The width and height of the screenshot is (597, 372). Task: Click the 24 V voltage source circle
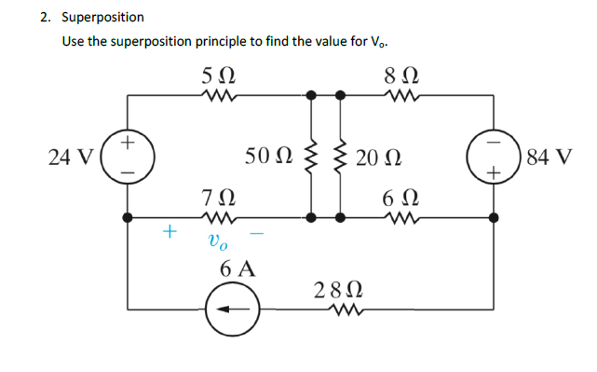tap(127, 156)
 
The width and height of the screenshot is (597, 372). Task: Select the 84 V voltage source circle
tap(494, 156)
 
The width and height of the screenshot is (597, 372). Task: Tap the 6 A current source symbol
tap(228, 309)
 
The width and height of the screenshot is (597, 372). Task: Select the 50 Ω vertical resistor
tap(313, 156)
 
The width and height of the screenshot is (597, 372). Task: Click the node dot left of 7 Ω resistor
tap(128, 216)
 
